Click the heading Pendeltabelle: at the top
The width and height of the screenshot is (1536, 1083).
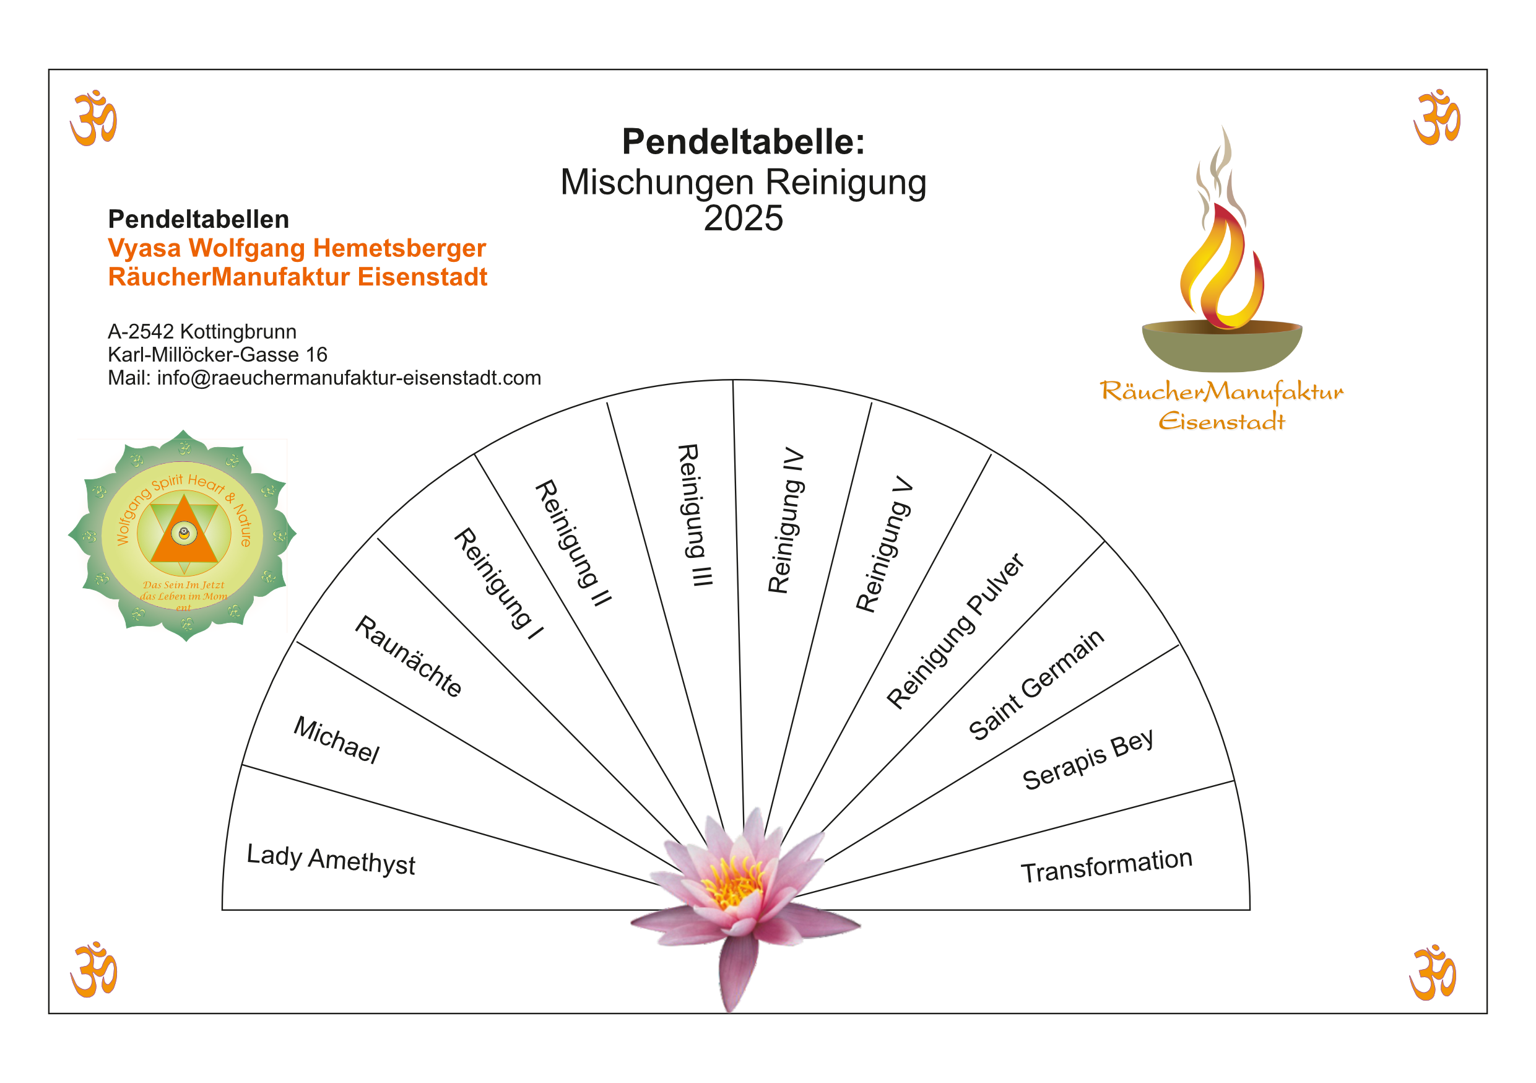(744, 142)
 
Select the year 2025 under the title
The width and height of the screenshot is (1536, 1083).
(744, 218)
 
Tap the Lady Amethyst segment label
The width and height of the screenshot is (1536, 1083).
(331, 859)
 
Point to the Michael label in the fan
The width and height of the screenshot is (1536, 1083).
(337, 740)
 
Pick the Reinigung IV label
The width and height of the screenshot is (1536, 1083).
(786, 520)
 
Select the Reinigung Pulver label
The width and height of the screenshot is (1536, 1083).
(955, 631)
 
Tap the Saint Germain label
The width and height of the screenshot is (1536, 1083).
(1036, 685)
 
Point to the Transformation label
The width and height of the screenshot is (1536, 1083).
(1106, 866)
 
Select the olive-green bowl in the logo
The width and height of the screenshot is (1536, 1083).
(1221, 346)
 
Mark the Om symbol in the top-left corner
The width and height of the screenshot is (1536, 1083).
(93, 118)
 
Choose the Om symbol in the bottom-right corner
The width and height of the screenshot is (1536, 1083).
(1433, 973)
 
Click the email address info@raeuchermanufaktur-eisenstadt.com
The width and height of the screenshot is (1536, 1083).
(349, 378)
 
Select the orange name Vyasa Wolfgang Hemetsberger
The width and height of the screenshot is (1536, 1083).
(297, 248)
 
